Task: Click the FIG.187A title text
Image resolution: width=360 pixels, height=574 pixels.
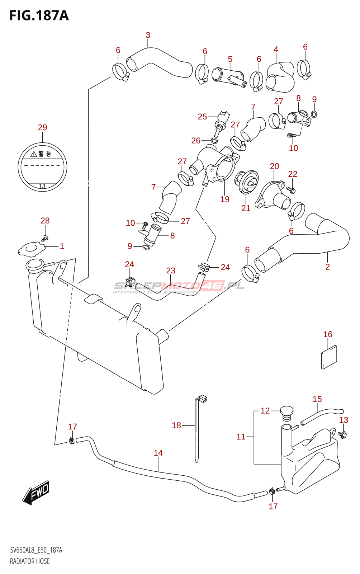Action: pos(39,15)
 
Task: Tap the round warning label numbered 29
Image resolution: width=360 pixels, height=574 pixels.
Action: pos(42,167)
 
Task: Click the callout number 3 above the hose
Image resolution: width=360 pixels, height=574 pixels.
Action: pos(148,35)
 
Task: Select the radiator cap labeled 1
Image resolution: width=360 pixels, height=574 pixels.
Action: pos(32,249)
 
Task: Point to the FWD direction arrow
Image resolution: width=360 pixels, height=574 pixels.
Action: pos(36,492)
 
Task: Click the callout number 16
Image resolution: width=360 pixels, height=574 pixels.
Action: pos(328,334)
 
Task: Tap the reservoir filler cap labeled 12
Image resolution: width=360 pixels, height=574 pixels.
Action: pos(286,413)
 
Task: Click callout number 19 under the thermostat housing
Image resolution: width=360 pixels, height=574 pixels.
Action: pos(225,199)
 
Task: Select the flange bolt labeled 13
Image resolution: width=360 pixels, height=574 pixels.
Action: pos(342,435)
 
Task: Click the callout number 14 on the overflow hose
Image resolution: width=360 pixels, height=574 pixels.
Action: pos(158,453)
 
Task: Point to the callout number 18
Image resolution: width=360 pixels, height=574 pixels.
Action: pos(176,425)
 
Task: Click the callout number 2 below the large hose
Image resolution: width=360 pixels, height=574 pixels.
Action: pos(327,267)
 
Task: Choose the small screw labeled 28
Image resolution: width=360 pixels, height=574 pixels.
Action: pos(45,238)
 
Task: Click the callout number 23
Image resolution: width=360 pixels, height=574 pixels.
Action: pos(171,270)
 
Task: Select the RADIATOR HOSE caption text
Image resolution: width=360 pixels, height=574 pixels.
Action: pos(30,561)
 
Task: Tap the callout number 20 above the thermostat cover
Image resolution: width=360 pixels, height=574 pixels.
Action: pos(274,166)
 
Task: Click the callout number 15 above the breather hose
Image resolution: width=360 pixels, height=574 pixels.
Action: pos(317,399)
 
